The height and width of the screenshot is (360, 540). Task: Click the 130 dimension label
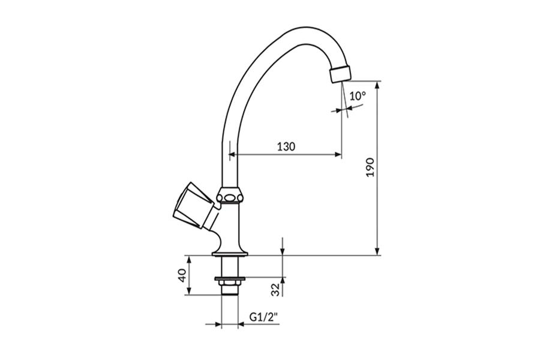[286, 147]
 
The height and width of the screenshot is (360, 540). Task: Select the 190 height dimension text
[370, 167]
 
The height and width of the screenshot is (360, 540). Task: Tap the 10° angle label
[358, 96]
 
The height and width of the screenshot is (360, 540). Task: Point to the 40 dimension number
[182, 275]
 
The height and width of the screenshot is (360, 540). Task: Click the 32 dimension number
[275, 290]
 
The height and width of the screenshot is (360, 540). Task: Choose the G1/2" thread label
[264, 317]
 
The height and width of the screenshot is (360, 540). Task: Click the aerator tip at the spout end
[341, 73]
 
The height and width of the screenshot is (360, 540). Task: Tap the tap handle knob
[192, 205]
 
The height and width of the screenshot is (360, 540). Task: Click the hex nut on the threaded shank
[229, 283]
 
